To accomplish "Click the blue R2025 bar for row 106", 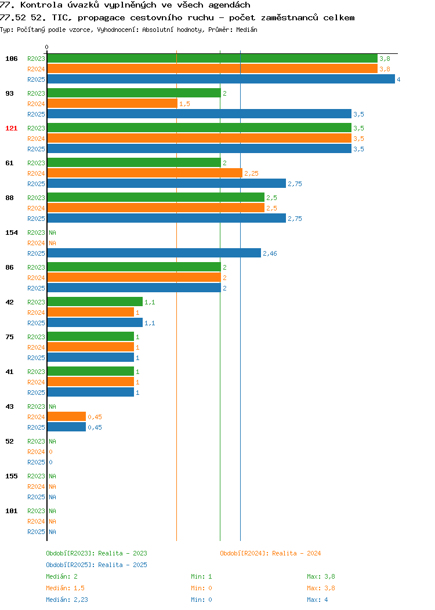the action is click(x=221, y=79).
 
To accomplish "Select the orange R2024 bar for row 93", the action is click(x=112, y=103).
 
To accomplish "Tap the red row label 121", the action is click(x=11, y=128).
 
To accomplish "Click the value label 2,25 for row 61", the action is click(x=251, y=173).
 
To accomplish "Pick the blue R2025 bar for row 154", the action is click(x=154, y=253).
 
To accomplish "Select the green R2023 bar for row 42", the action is click(x=95, y=302).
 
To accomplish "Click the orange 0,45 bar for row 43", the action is click(x=67, y=417).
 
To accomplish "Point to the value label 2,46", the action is click(x=270, y=253).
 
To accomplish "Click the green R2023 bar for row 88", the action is click(x=155, y=197).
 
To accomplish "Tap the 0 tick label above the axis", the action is click(x=47, y=47).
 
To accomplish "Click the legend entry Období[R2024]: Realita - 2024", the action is click(x=270, y=553).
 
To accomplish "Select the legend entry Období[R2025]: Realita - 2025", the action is click(x=96, y=565).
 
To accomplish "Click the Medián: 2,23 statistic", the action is click(x=67, y=600).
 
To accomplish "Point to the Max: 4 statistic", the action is click(x=317, y=600).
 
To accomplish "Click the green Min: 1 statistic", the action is click(x=201, y=576).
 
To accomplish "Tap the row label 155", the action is click(x=11, y=476).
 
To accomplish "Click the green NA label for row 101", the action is click(x=53, y=511).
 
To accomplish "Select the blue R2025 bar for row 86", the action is click(x=134, y=288).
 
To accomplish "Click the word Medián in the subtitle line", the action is click(x=246, y=30).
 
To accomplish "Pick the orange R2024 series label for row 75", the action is click(x=36, y=347).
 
